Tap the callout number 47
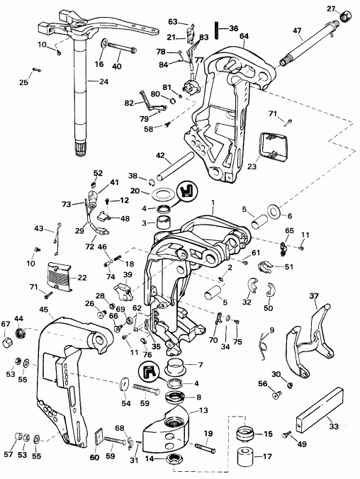(297, 31)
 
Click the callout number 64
(244, 35)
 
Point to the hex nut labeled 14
(173, 459)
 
